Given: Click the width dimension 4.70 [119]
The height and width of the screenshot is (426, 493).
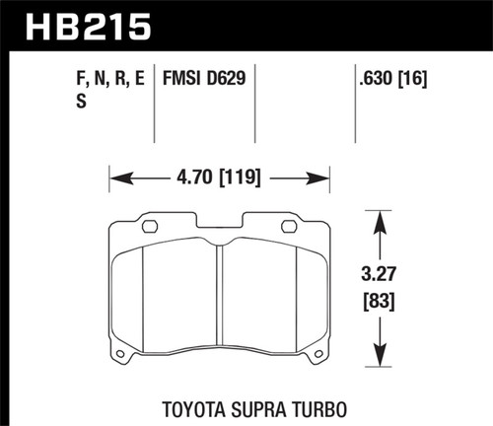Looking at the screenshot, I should tap(219, 180).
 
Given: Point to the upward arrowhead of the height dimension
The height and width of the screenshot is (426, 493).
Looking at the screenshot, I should tap(380, 216).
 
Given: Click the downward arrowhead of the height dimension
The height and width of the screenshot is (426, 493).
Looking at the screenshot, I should tap(380, 362).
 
